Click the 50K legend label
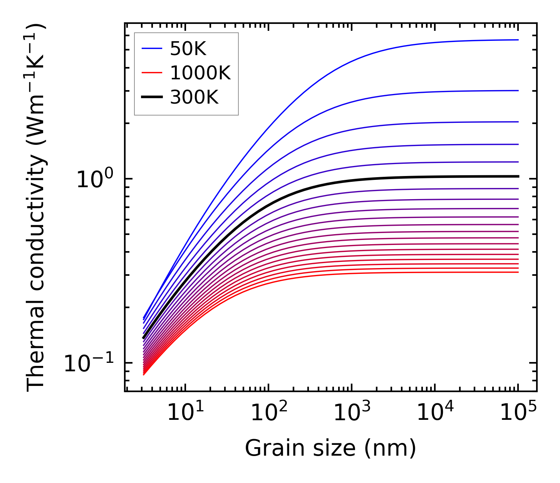point(188,49)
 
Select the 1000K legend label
point(200,73)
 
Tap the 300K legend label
point(194,97)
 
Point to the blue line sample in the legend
point(152,49)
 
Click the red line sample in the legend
point(152,73)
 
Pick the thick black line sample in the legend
point(152,97)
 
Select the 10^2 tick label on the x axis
point(268,413)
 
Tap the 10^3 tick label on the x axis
point(352,413)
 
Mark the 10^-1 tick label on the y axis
point(89,363)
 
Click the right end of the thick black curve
point(518,176)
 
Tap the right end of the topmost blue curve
point(518,40)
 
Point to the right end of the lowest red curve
point(518,272)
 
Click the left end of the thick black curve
point(143,338)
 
